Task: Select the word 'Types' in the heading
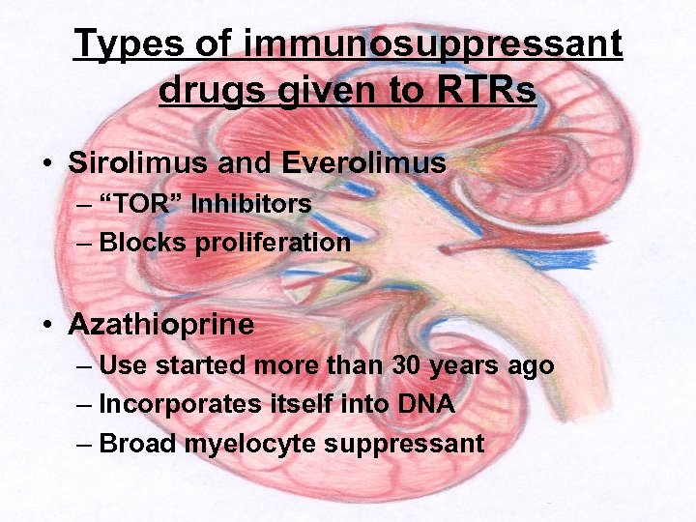121,44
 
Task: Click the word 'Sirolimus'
139,163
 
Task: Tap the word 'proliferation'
274,243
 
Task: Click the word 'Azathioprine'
161,324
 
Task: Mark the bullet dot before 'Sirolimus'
47,164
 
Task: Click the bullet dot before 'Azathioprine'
47,325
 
